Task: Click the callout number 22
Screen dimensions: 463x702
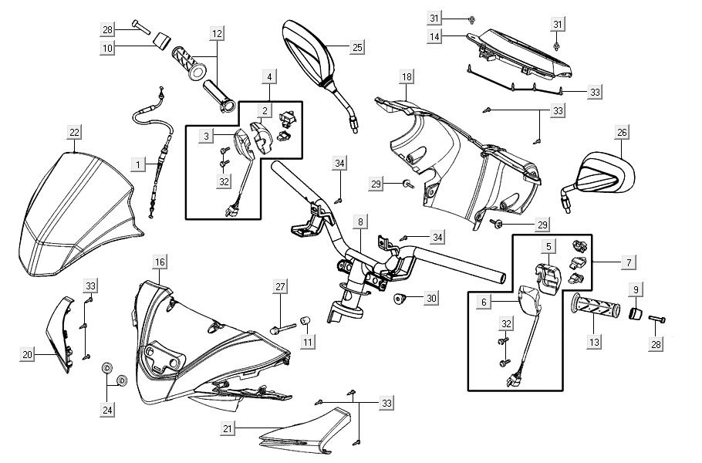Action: tap(74, 133)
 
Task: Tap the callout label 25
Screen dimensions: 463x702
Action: tap(356, 48)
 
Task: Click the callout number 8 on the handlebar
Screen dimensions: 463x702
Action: tap(359, 222)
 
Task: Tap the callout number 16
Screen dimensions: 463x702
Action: tap(159, 262)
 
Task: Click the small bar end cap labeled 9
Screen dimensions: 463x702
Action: tap(637, 312)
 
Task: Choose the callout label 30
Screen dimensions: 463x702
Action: tap(431, 298)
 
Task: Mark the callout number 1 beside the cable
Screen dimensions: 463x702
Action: tap(138, 164)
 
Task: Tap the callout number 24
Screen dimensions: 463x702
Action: tap(107, 410)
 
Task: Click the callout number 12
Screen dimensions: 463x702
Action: tap(217, 33)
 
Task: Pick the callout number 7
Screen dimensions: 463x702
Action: tap(629, 263)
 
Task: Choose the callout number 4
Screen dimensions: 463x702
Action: tap(269, 76)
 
